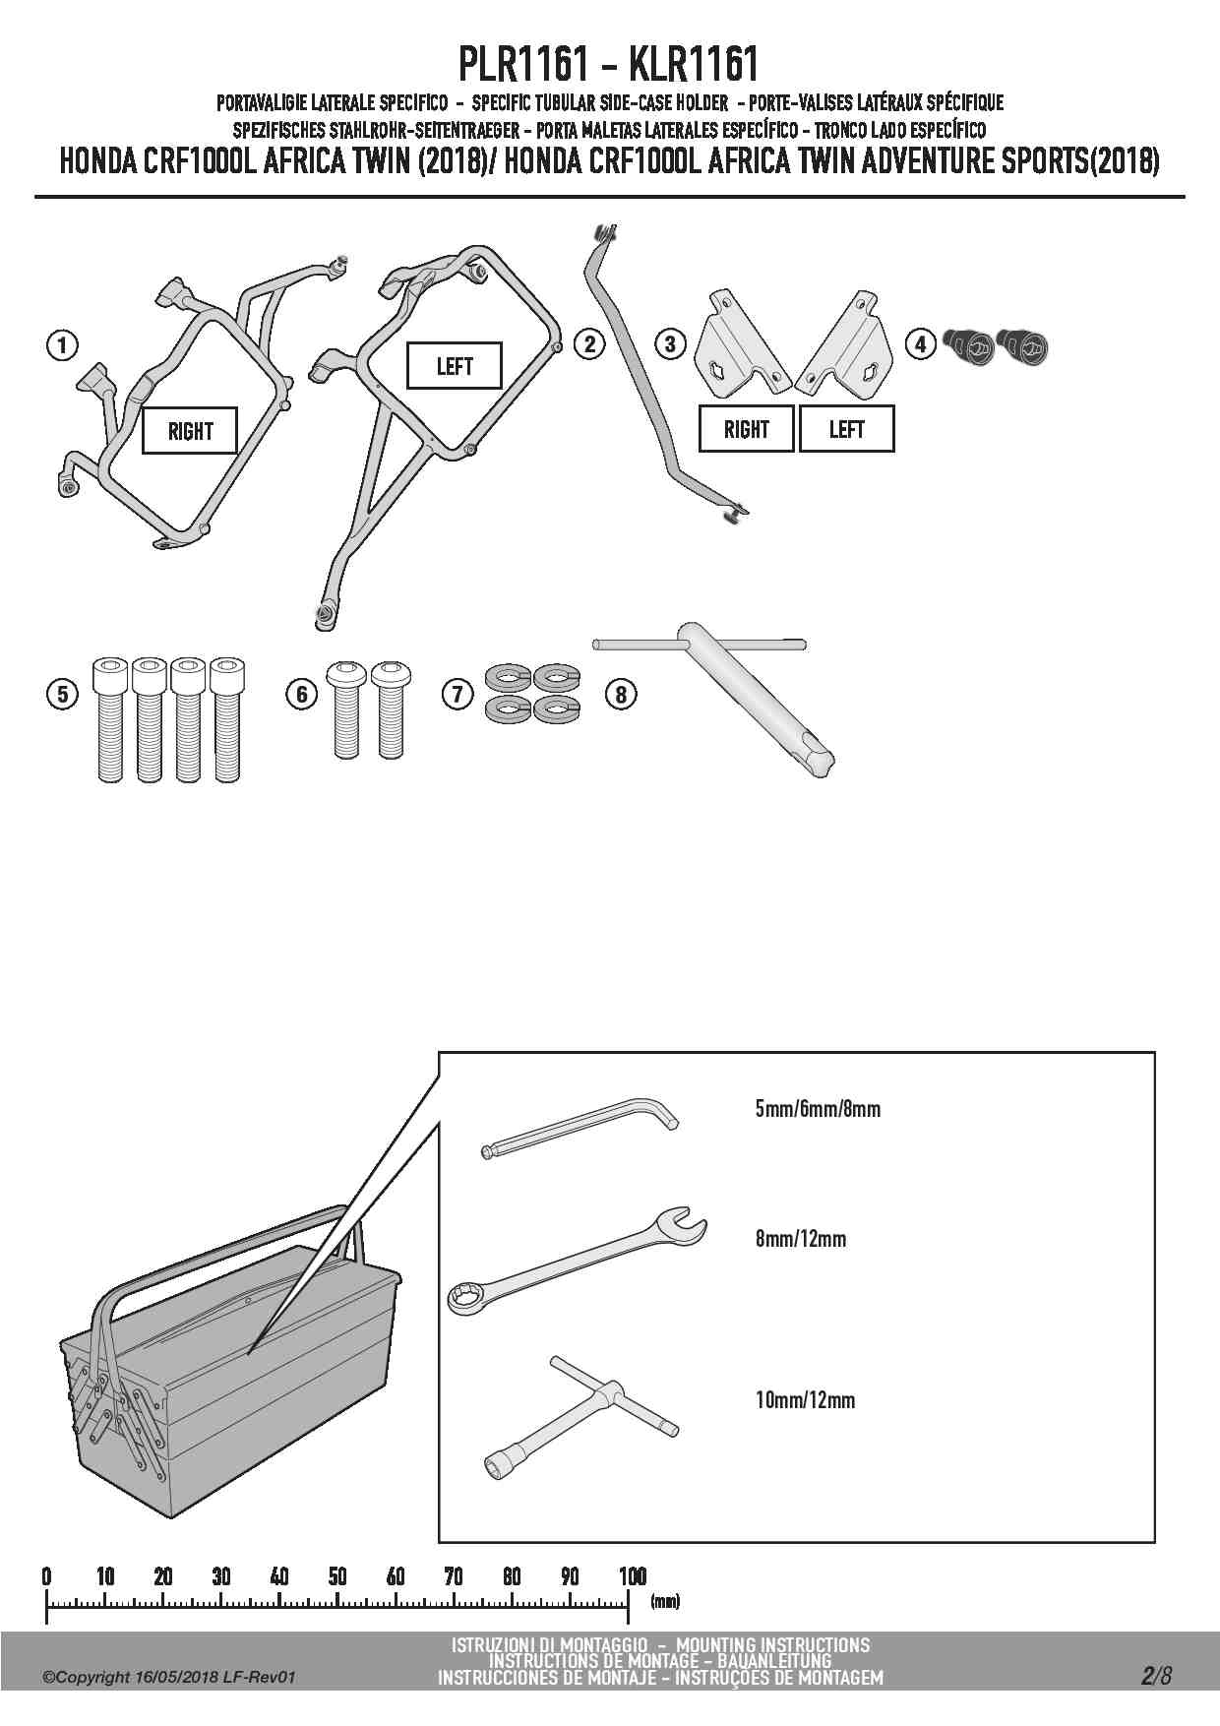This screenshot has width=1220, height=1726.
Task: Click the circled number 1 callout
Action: (62, 345)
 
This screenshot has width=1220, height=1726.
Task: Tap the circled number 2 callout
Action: (589, 343)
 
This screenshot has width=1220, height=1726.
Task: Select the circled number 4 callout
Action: (920, 344)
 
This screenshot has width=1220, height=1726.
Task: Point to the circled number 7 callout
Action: (457, 695)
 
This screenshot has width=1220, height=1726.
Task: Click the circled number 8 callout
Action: (621, 695)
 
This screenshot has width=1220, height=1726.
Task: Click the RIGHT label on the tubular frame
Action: (190, 430)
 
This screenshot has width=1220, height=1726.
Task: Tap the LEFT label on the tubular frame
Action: (455, 366)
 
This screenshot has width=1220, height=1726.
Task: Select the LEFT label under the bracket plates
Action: (846, 429)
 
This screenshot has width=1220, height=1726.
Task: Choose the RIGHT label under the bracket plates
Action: (746, 429)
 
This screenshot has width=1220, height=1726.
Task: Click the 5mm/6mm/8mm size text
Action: (818, 1109)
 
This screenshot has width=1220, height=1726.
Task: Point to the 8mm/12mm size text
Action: (801, 1239)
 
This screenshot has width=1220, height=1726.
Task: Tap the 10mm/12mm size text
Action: (805, 1399)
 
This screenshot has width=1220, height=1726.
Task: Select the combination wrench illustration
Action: (576, 1261)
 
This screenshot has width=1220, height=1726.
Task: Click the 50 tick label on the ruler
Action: (337, 1576)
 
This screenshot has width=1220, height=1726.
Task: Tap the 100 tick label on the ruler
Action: (633, 1576)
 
